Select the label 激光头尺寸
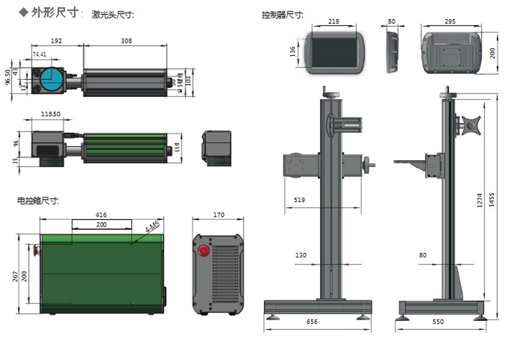click(113, 14)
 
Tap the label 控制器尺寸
click(282, 14)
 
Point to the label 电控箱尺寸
click(38, 201)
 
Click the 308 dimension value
click(126, 40)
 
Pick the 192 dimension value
click(56, 40)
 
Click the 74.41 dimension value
click(39, 55)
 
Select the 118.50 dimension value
click(51, 114)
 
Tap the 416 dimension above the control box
click(101, 214)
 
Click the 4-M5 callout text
click(151, 227)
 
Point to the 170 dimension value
click(219, 214)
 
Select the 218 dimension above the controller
click(334, 21)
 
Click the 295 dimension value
click(450, 21)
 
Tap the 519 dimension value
click(300, 200)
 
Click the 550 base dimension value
click(439, 321)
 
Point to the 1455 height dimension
click(491, 200)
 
